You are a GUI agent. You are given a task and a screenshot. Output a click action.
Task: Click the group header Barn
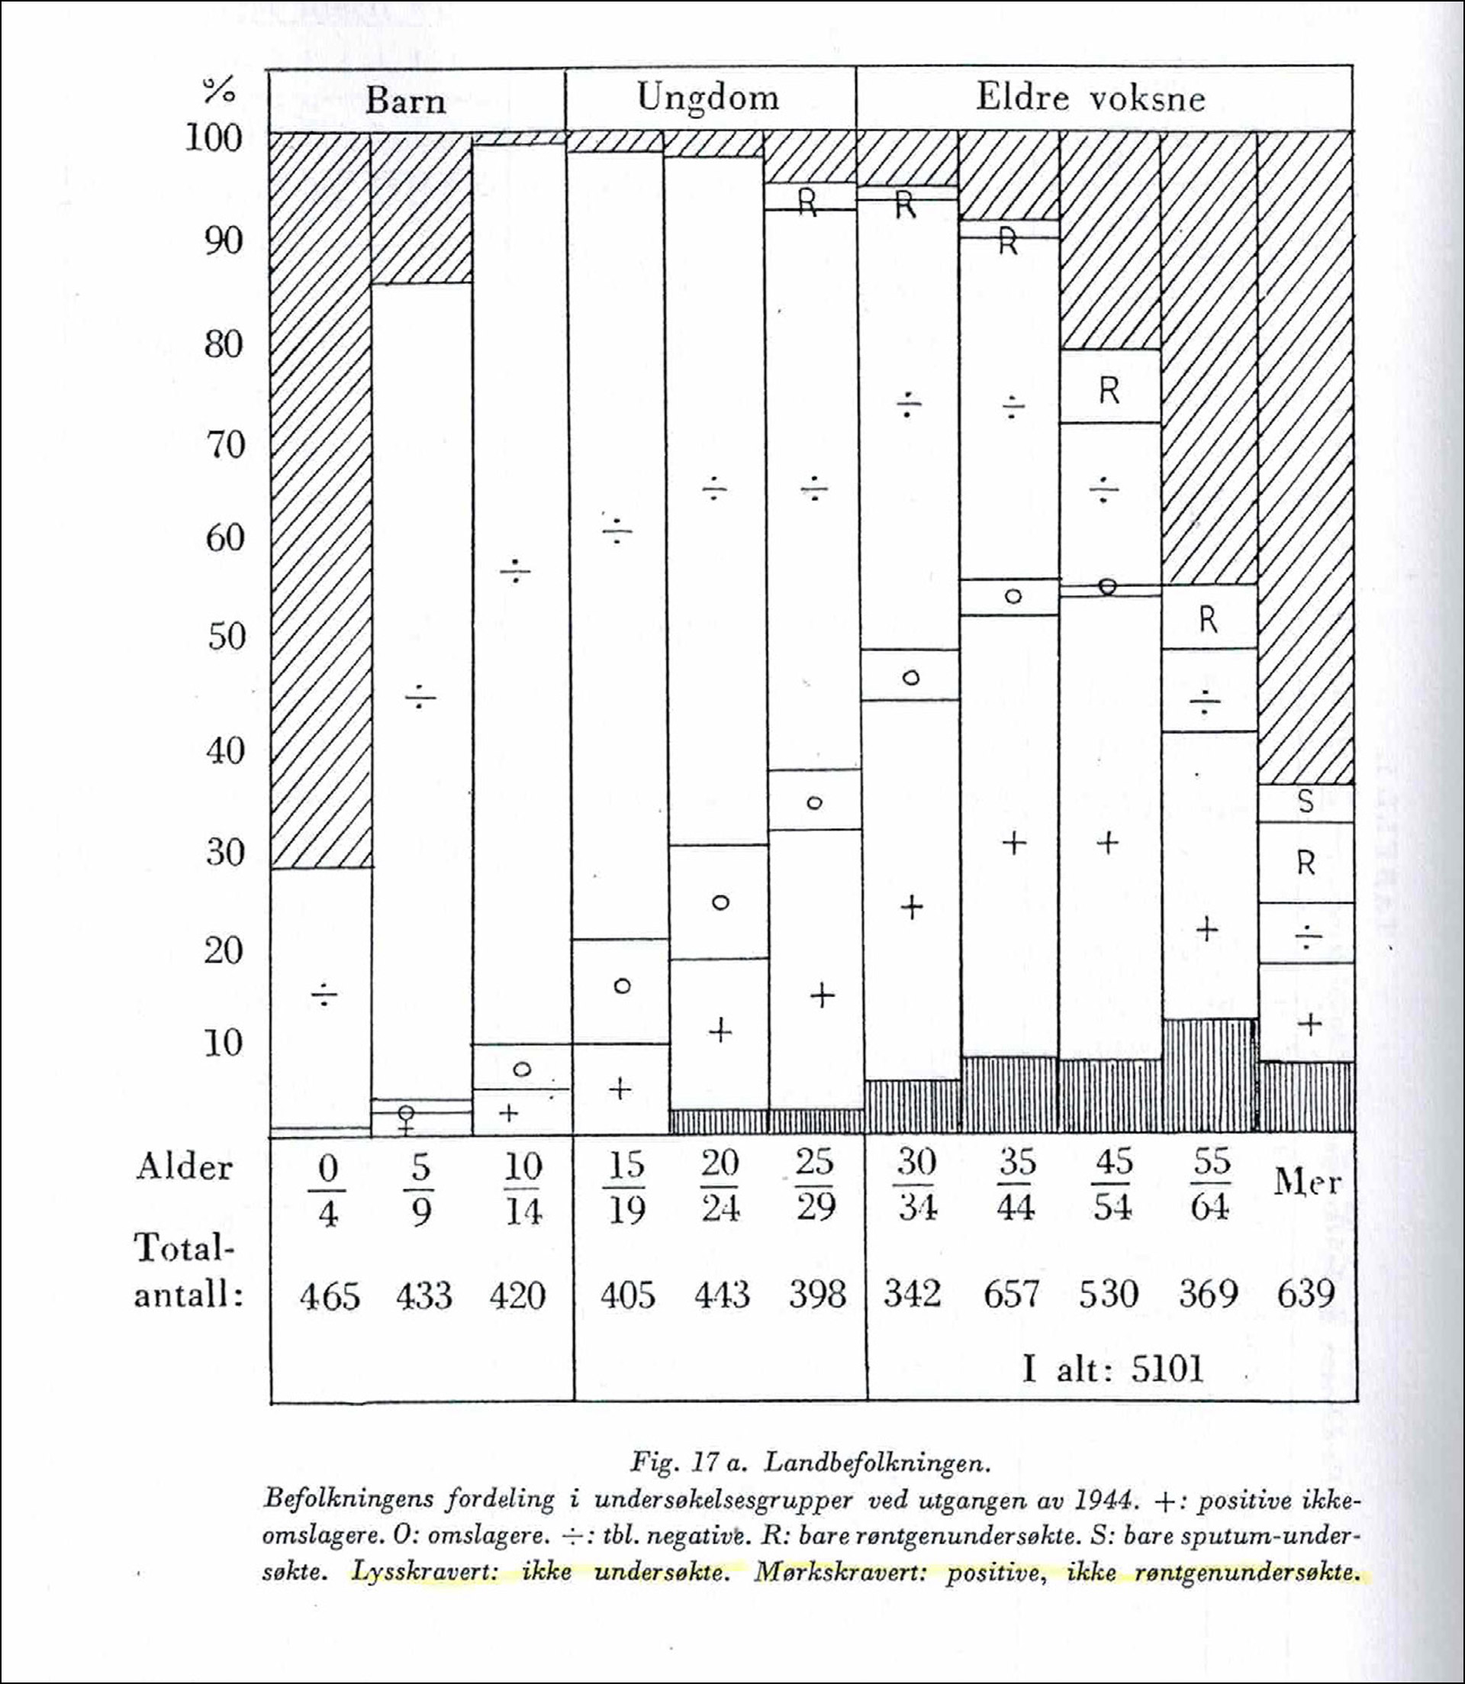[x=405, y=101]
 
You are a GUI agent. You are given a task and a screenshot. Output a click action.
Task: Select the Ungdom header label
[x=708, y=98]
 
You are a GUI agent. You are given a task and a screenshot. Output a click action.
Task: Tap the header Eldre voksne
[x=1090, y=98]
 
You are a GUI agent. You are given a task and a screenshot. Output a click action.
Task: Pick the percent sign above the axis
[x=219, y=90]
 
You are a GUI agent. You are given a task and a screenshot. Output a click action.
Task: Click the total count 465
[x=330, y=1296]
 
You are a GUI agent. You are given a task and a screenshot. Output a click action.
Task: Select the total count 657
[x=1011, y=1294]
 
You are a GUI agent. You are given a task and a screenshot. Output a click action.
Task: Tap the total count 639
[x=1305, y=1294]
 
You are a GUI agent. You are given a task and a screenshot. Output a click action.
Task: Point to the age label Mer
[x=1307, y=1183]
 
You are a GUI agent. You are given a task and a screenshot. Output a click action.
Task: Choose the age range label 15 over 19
[x=627, y=1188]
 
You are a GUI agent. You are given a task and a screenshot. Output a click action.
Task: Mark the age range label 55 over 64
[x=1211, y=1184]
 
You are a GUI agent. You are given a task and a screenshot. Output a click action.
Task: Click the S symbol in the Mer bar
[x=1306, y=802]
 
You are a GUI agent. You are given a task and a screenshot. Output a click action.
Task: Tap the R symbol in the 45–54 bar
[x=1109, y=392]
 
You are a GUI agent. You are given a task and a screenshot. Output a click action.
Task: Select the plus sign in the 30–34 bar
[x=912, y=907]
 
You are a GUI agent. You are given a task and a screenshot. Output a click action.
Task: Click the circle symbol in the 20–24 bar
[x=720, y=903]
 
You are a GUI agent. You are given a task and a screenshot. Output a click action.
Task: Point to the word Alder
[x=184, y=1167]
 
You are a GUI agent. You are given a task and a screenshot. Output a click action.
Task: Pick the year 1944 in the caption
[x=1111, y=1500]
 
